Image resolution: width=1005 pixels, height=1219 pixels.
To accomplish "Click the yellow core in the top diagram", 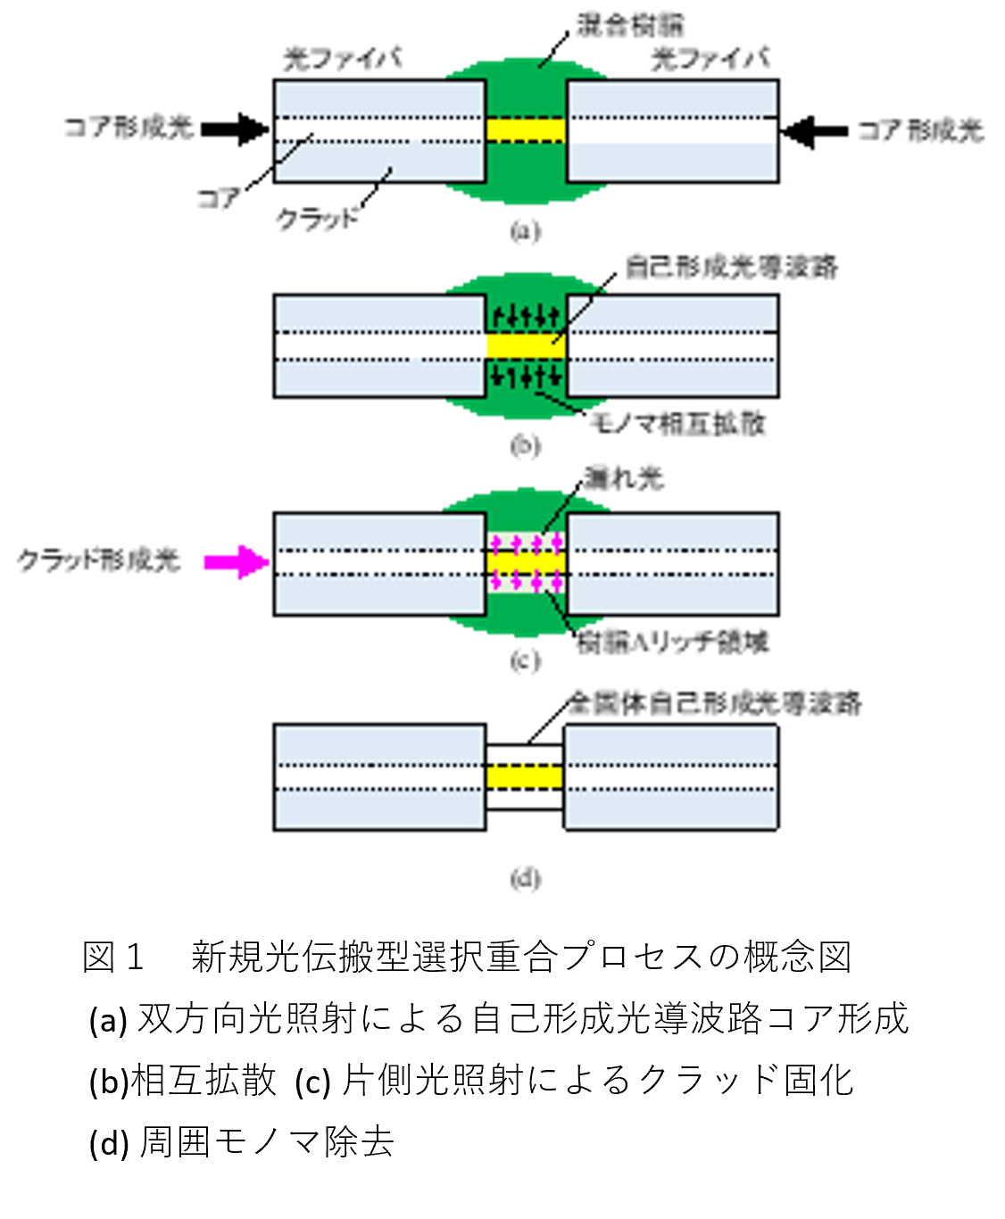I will click(526, 130).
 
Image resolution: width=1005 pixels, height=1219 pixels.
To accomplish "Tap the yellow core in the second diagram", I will click(526, 345).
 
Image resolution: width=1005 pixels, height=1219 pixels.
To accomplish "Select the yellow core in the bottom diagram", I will click(525, 776).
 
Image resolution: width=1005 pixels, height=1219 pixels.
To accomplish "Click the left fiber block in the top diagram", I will click(380, 131).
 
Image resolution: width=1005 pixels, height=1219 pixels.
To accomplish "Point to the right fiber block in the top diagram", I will click(672, 131).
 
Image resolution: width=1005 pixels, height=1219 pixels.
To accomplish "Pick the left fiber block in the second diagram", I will click(380, 346).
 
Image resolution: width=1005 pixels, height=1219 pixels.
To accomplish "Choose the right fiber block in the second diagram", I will click(672, 346).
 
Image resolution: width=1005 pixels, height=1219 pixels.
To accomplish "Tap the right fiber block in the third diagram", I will click(672, 563).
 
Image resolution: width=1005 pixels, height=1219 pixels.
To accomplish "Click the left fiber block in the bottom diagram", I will click(380, 777).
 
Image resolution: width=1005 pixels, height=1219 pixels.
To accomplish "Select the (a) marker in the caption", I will click(108, 1019).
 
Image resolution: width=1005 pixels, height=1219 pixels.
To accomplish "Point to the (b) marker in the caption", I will click(108, 1081).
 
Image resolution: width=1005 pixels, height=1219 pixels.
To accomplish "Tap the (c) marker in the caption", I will click(313, 1081).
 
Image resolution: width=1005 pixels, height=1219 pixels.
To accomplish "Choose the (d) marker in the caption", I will click(109, 1142).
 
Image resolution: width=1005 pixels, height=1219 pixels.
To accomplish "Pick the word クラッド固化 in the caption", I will click(744, 1081).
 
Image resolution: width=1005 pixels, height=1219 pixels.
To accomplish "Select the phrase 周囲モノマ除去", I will click(267, 1142).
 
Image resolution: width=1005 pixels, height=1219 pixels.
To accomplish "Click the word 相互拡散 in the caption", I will click(204, 1081).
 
